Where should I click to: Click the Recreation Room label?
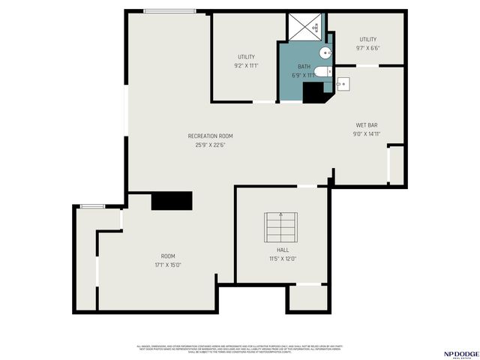click(x=210, y=136)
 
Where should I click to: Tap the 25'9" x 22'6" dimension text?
click(x=210, y=145)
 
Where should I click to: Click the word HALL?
click(x=283, y=250)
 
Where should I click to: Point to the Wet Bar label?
click(x=366, y=125)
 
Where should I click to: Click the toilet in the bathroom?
click(x=322, y=72)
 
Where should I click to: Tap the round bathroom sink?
click(x=325, y=52)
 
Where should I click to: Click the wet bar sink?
click(x=343, y=83)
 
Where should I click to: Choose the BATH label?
click(x=303, y=67)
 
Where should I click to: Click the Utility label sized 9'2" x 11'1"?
click(x=246, y=57)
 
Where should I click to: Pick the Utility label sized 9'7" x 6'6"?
click(x=367, y=39)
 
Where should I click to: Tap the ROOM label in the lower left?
click(x=168, y=256)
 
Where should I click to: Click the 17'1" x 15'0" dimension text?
click(x=168, y=264)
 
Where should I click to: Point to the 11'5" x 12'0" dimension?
click(x=283, y=259)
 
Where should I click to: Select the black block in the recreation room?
click(x=172, y=200)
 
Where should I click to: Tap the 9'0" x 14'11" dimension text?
click(x=367, y=134)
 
